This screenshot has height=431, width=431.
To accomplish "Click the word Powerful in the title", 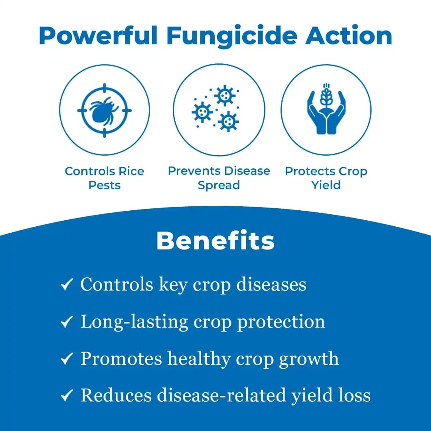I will [98, 36].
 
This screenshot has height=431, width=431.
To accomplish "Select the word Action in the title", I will [349, 36].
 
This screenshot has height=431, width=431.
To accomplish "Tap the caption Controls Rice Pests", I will [105, 178].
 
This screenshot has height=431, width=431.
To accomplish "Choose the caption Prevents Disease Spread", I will [219, 178].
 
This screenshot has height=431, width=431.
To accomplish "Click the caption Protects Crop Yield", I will [326, 178].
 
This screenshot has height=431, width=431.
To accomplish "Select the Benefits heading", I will [215, 241].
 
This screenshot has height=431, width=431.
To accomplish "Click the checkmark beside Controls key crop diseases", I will [66, 285].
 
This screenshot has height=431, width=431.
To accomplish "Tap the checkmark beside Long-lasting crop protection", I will [66, 322].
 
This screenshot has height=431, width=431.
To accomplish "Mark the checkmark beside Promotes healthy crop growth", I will [66, 359].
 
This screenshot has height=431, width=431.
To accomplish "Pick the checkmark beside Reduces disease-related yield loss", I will [66, 396].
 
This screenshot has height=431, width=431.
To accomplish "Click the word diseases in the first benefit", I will [271, 285].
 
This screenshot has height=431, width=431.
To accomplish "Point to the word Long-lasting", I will [134, 322].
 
